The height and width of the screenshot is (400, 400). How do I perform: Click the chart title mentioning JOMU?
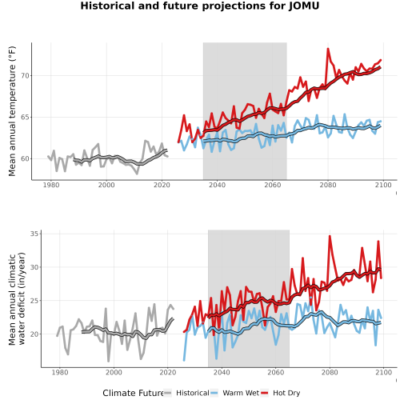200,6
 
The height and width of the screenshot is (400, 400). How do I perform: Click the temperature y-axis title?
12,111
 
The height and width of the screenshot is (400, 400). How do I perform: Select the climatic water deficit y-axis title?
17,298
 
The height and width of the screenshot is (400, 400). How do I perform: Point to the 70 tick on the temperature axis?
26,76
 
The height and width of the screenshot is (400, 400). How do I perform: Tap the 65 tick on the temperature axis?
26,118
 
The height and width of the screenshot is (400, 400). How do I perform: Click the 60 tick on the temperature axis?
26,158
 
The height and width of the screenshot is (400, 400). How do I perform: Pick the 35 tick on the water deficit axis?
34,234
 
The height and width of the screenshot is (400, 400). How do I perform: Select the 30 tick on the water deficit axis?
34,267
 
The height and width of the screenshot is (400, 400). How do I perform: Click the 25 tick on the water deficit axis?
34,301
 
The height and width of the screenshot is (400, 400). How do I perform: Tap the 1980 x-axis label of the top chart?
51,185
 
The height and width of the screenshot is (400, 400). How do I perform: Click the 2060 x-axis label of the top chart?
273,185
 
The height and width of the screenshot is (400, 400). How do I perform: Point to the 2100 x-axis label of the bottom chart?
383,372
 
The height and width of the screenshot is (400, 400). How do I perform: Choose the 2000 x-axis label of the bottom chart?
114,372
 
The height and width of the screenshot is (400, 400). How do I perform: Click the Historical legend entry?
186,393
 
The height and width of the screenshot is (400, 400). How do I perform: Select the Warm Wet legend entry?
234,393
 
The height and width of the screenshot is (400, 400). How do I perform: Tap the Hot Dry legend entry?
281,393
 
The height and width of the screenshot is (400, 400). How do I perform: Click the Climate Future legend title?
133,393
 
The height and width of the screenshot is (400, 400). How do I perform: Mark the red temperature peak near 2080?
328,49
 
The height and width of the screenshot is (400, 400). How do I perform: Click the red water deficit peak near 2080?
330,236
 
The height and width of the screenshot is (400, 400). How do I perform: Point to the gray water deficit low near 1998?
109,361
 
